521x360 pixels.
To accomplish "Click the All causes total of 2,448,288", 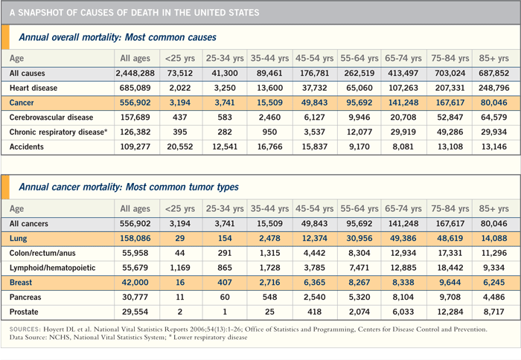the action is (x=135, y=74).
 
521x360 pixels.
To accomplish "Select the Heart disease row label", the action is (x=33, y=88).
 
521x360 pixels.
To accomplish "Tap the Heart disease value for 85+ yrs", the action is (x=493, y=88).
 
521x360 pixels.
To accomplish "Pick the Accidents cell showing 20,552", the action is (x=180, y=147).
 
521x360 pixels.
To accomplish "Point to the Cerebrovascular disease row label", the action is (x=51, y=118).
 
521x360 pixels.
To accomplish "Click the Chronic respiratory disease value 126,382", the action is (x=135, y=132).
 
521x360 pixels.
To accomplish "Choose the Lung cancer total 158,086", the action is (x=135, y=239).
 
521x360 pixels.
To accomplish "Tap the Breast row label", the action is (x=21, y=283).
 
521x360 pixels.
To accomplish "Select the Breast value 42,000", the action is (x=135, y=283).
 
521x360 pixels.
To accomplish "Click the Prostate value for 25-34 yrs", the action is (x=225, y=312).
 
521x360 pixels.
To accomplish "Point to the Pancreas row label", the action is (x=25, y=298).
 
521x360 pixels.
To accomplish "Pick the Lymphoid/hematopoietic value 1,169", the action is (x=180, y=268).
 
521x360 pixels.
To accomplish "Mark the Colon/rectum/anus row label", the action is (x=42, y=253).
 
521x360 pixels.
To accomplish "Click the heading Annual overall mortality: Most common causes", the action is (x=118, y=37).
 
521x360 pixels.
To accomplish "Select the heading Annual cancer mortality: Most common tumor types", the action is (x=129, y=187).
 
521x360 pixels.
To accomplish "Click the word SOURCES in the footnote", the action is (x=25, y=330).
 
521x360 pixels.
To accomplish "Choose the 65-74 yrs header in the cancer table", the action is (x=403, y=208).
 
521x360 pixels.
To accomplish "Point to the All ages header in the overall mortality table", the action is (x=135, y=59).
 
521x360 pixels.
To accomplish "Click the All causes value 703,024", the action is (x=450, y=74).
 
